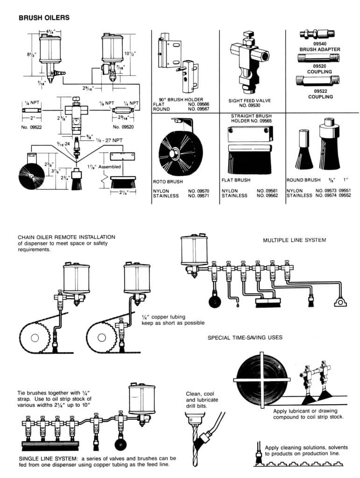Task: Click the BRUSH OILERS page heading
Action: pos(44,18)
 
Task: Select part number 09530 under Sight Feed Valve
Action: pos(252,106)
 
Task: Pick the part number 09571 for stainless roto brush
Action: pos(199,196)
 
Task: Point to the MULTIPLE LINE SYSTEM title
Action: pos(294,240)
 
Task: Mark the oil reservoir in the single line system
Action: pos(142,400)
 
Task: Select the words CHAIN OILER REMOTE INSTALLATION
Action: pos(66,237)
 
